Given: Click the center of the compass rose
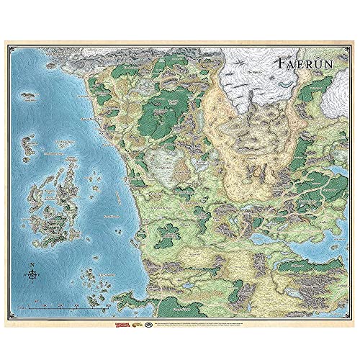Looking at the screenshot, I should click(33, 274).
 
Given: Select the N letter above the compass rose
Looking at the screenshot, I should click(33, 264).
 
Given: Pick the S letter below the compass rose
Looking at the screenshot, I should click(33, 285).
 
